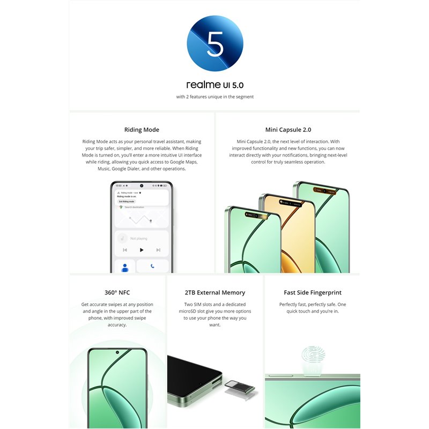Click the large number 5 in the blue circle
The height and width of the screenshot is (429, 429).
214,45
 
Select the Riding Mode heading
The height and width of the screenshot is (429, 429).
142,130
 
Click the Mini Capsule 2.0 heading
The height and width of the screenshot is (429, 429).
288,130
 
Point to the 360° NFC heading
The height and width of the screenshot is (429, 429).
117,293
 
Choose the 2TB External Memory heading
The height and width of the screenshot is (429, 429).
214,293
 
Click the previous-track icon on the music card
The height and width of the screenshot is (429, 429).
125,250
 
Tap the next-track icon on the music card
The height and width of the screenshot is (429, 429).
158,250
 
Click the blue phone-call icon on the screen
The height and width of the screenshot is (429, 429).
153,266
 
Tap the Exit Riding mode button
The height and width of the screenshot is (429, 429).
127,202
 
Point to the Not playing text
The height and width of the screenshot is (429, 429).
139,239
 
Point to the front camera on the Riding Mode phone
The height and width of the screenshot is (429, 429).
142,186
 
